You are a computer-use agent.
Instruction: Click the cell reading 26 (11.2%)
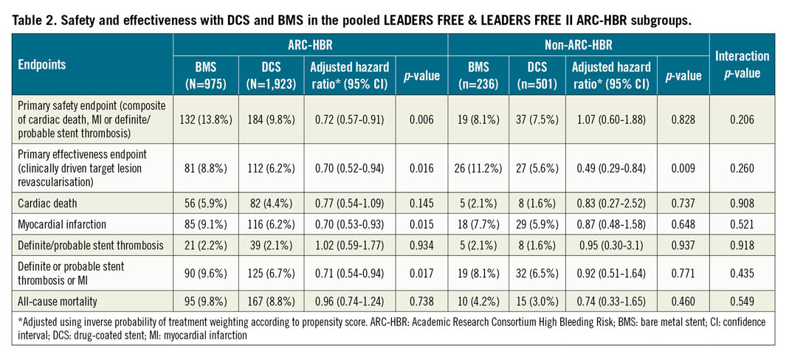pyautogui.click(x=477, y=166)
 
